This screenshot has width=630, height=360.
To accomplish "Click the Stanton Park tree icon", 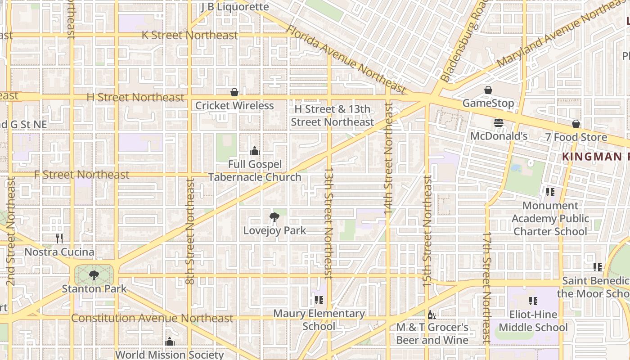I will click(x=94, y=275).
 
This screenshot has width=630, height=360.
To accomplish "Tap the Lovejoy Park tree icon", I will click(x=274, y=218).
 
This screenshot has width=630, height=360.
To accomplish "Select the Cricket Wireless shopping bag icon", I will click(x=234, y=93).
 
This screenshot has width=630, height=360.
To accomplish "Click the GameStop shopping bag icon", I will click(x=488, y=90).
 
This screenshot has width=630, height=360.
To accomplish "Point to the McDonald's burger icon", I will click(x=499, y=123).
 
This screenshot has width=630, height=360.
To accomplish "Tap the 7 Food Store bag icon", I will click(x=576, y=124).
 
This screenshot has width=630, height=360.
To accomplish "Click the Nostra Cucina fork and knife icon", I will click(x=59, y=238).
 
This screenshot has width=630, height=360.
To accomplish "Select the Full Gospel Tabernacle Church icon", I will click(x=255, y=151).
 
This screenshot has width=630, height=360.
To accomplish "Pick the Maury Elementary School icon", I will click(x=319, y=300).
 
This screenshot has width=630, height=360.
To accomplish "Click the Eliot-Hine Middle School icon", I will click(x=533, y=301).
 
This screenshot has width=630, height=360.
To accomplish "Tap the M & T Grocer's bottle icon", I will click(x=432, y=315).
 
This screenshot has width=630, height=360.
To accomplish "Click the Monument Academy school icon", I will click(x=550, y=192).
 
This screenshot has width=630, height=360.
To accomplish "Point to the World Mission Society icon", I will click(x=170, y=342).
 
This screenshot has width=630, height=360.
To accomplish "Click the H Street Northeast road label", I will click(x=135, y=97).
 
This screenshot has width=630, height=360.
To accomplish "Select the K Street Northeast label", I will click(x=189, y=35).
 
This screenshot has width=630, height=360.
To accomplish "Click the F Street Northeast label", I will click(x=82, y=175).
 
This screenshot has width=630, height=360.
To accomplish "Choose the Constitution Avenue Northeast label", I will click(x=152, y=318).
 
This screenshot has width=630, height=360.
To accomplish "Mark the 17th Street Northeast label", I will click(x=486, y=288).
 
